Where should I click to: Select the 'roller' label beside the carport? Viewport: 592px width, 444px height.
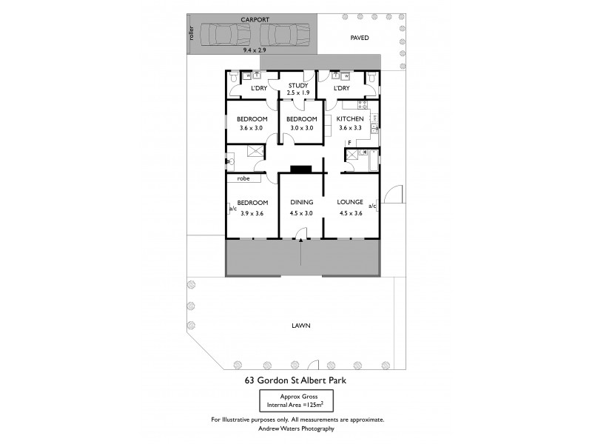(x=191, y=34)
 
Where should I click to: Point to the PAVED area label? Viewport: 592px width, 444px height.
(x=359, y=37)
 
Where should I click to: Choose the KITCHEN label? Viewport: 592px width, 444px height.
(x=350, y=118)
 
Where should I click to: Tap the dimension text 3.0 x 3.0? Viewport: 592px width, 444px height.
(x=301, y=128)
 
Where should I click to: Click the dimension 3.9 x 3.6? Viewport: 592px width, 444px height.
(x=252, y=213)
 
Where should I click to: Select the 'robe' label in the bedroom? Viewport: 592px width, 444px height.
(x=243, y=178)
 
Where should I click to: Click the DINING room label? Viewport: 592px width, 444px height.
(x=301, y=201)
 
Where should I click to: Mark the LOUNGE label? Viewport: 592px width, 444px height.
(x=349, y=201)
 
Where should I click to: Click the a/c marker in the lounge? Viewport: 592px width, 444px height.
(x=374, y=206)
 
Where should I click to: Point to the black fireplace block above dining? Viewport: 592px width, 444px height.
(x=300, y=169)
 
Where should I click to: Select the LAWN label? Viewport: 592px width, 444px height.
(x=300, y=325)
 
